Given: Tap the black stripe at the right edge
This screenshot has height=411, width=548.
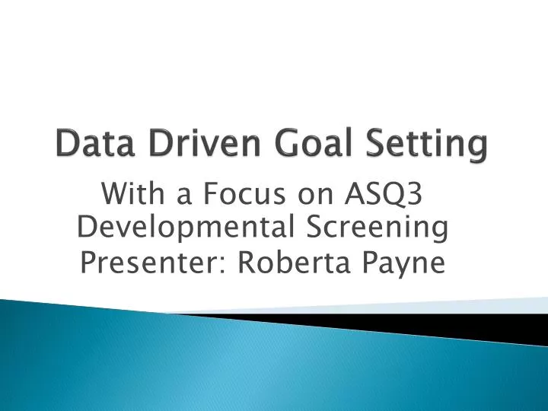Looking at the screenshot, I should (x=525, y=325).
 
